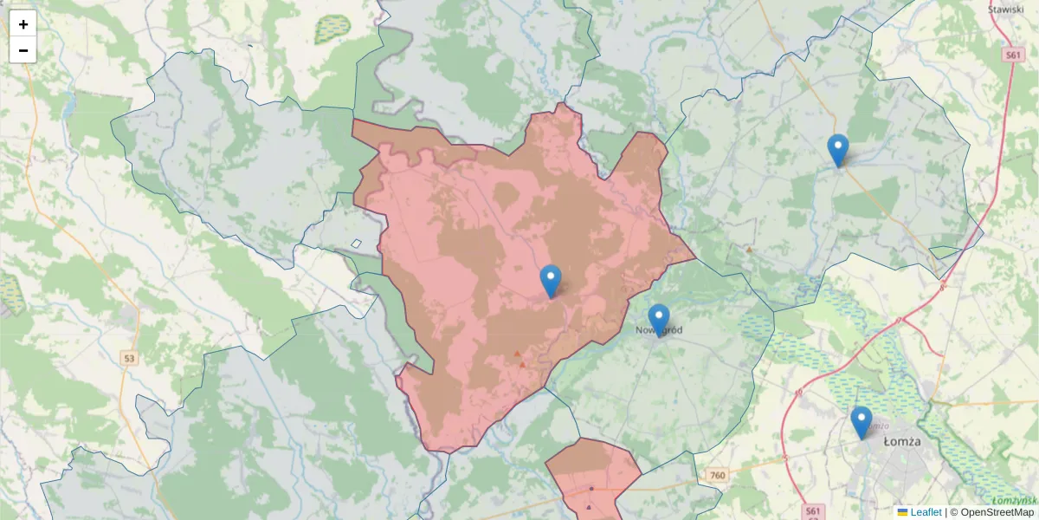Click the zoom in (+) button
23,24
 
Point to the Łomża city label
902,441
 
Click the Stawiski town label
1006,10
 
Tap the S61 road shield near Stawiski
1014,55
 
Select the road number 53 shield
129,357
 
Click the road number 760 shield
716,475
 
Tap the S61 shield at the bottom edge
811,511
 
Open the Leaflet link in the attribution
926,512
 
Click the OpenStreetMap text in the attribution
997,512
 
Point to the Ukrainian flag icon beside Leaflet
903,512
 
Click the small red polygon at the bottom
592,472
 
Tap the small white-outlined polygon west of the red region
356,244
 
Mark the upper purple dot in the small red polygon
591,488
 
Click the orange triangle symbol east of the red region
749,250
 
